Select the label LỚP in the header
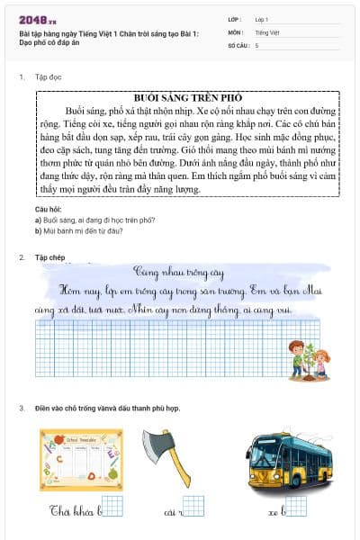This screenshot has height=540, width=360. tap(236, 18)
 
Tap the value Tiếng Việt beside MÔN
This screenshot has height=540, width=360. tap(267, 31)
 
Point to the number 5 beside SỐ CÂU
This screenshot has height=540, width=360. tap(256, 44)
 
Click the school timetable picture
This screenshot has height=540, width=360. tap(81, 458)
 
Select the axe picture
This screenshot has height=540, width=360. tap(180, 453)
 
